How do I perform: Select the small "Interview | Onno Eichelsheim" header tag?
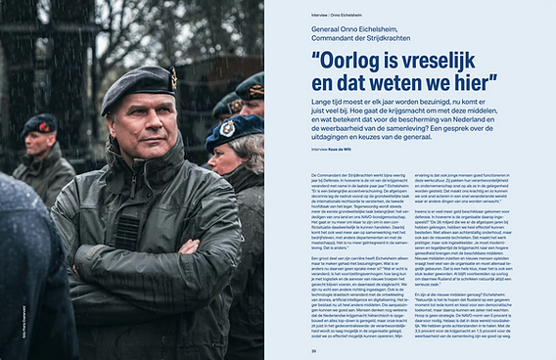[329, 13]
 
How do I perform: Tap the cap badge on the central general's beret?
[172, 76]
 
